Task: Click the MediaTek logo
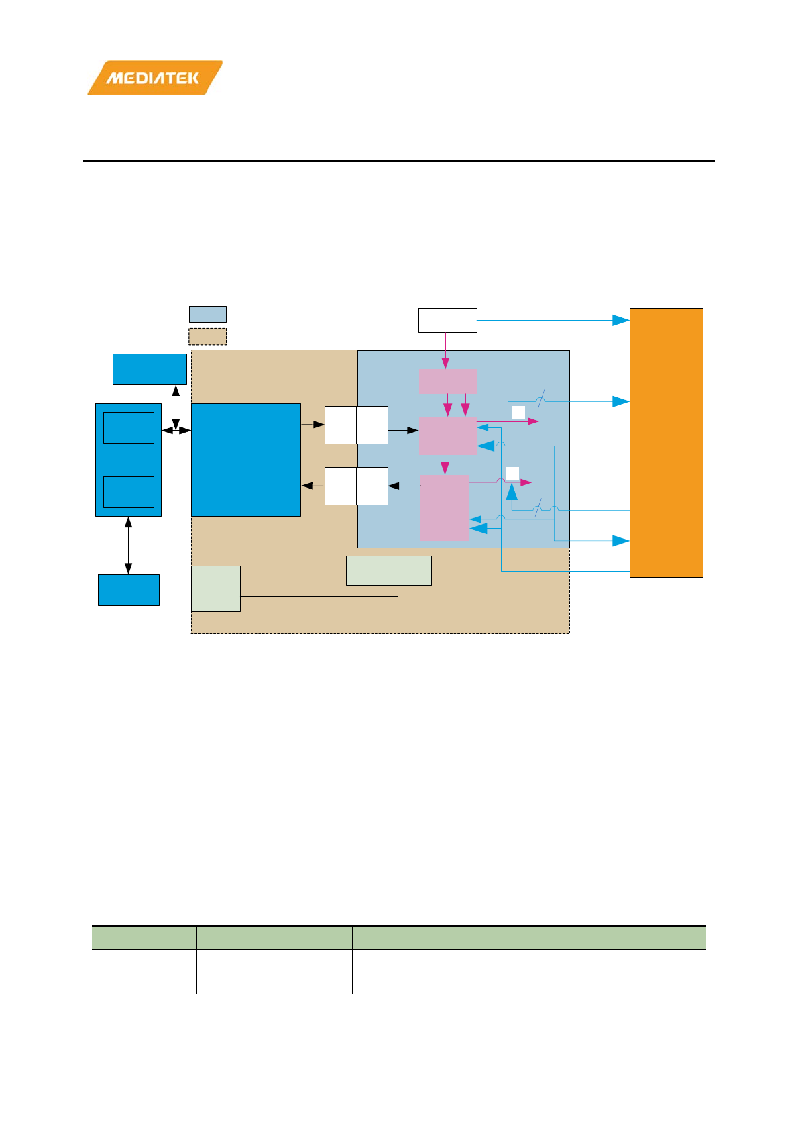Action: click(x=154, y=78)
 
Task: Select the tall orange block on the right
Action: click(x=666, y=442)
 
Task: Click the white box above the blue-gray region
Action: click(x=447, y=320)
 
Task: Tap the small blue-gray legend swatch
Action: click(x=207, y=314)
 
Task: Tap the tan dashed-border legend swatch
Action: click(x=207, y=336)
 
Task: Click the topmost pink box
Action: click(x=447, y=381)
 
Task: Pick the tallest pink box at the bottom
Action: click(x=444, y=507)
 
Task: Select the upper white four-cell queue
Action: click(x=356, y=425)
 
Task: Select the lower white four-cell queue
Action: click(x=356, y=486)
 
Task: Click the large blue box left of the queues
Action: click(x=245, y=460)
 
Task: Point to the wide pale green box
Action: click(x=388, y=570)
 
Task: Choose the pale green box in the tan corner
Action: click(x=215, y=588)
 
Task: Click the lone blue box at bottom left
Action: click(x=128, y=590)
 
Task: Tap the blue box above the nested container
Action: click(x=149, y=369)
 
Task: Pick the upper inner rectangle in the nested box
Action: click(x=128, y=427)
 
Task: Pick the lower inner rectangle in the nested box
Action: click(x=128, y=492)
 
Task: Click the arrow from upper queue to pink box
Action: click(x=404, y=430)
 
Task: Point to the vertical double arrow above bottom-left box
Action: click(x=128, y=545)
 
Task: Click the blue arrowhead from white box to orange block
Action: click(x=620, y=321)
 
